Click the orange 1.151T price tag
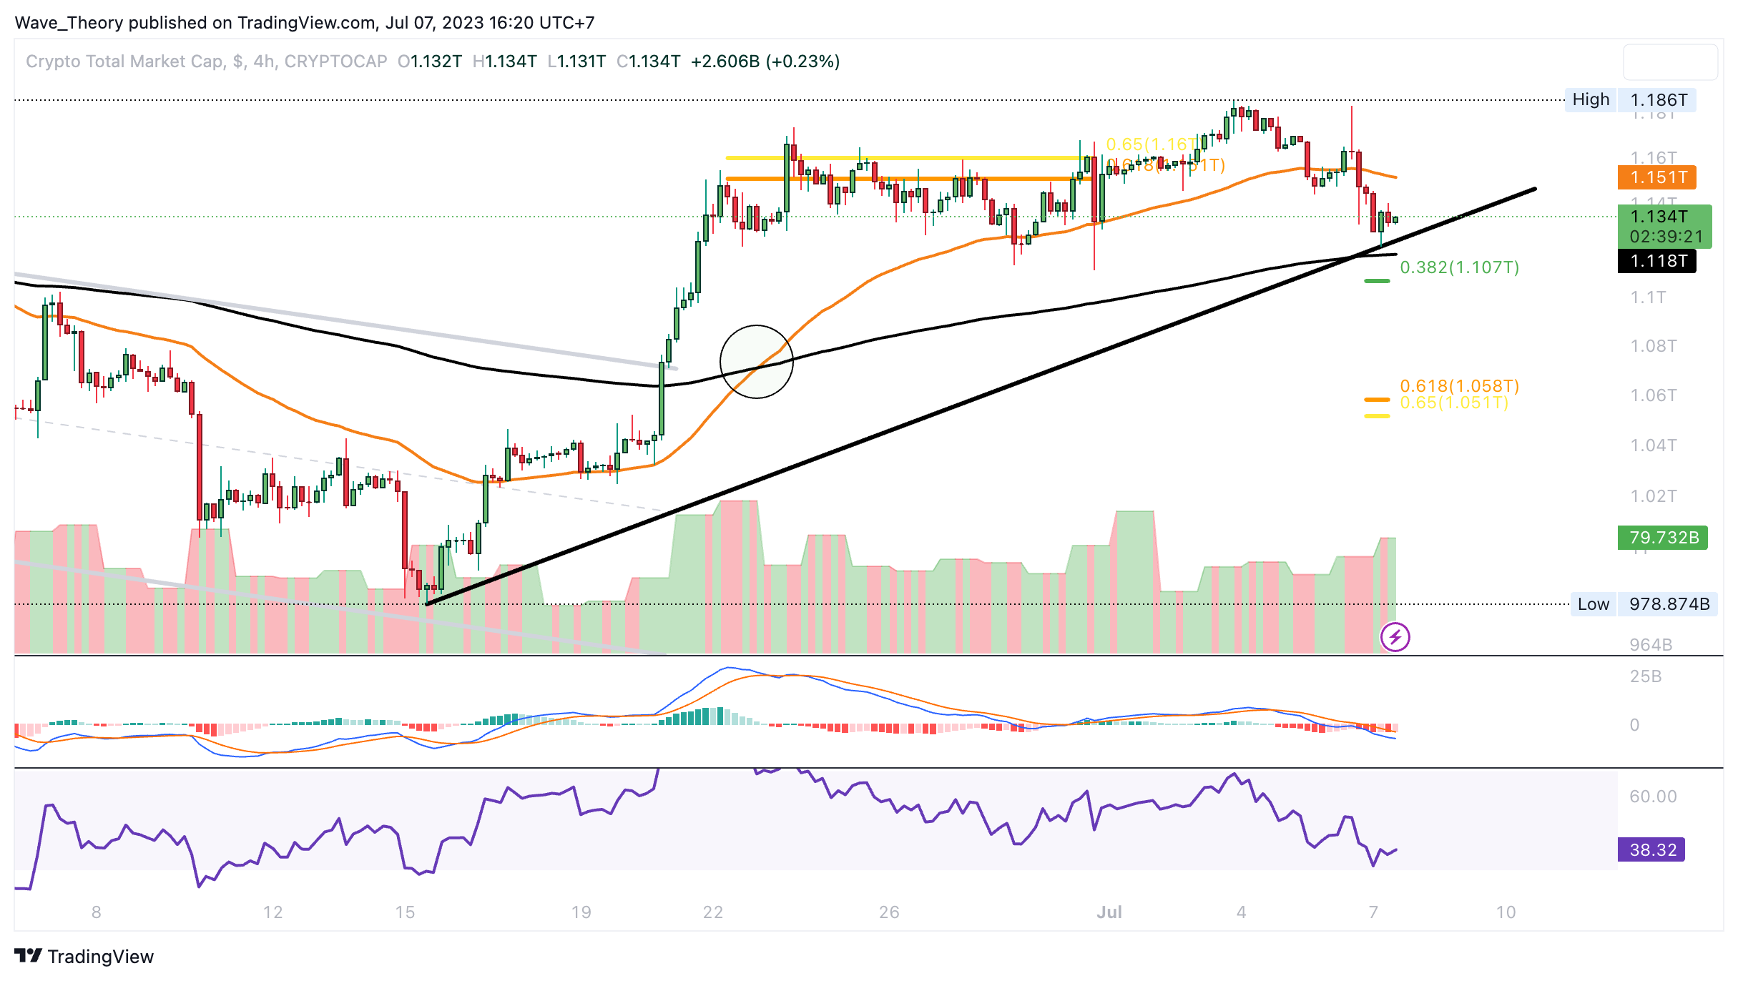(1657, 177)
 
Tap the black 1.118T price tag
(1657, 261)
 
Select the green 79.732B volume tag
(1663, 538)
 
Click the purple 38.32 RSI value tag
(1651, 849)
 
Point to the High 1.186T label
(1630, 99)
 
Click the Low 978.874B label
(1643, 604)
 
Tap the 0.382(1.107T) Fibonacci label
(1459, 267)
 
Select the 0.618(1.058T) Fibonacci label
(1459, 386)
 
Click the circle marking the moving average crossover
(756, 362)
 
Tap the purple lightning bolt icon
(1395, 636)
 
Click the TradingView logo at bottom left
(84, 957)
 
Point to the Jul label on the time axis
(1109, 912)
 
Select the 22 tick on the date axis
(713, 912)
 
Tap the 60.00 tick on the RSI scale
(1653, 797)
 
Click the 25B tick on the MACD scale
(1645, 676)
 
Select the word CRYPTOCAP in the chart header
(335, 61)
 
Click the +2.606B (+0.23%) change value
(765, 61)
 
